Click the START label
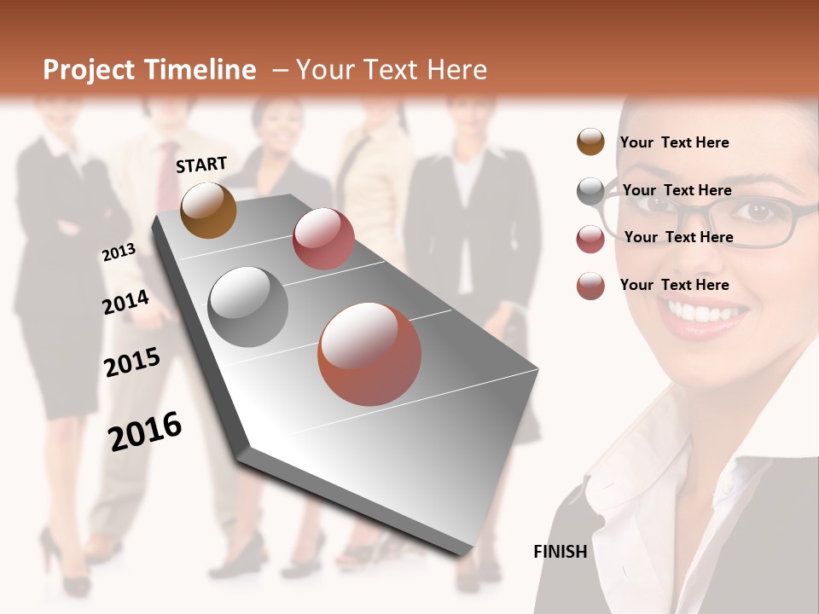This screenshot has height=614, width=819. [x=201, y=165]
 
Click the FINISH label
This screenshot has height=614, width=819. [x=560, y=552]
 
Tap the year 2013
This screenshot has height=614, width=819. [x=119, y=252]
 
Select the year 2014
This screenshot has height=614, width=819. [x=125, y=303]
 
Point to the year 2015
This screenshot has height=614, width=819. [x=131, y=362]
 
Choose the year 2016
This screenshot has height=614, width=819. [x=145, y=432]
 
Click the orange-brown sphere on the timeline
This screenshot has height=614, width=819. [x=208, y=210]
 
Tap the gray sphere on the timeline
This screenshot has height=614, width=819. [x=248, y=306]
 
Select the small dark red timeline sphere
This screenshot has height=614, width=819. [x=323, y=239]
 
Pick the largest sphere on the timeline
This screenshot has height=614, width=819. [x=369, y=354]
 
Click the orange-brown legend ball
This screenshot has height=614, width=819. [x=590, y=142]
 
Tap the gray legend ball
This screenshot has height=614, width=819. [x=590, y=191]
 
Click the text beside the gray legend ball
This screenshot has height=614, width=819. [x=677, y=190]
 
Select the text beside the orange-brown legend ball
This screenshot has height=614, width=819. [x=674, y=142]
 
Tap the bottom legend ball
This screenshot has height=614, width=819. [x=590, y=286]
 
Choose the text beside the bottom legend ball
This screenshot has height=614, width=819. [x=674, y=285]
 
